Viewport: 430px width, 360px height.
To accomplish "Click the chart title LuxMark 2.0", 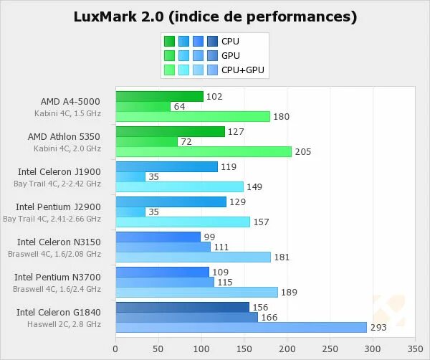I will point(215,16).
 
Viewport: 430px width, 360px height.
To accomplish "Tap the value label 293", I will point(377,327).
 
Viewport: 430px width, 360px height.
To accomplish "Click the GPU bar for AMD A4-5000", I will point(143,106).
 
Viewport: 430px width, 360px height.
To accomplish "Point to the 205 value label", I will point(302,151).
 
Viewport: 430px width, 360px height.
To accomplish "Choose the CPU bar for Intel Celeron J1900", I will point(166,166).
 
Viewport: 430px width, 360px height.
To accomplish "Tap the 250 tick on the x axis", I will point(330,349).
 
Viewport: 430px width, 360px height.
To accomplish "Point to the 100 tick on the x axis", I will point(201,349).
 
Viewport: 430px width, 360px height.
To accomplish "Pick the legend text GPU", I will point(231,55).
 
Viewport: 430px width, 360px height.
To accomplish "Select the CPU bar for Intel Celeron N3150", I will point(158,237).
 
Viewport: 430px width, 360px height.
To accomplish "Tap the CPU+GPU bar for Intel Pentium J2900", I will point(183,222).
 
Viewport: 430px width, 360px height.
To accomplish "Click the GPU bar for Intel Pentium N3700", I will point(165,282).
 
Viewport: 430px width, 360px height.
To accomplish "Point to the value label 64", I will point(180,106).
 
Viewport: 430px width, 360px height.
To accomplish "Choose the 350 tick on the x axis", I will point(415,349).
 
